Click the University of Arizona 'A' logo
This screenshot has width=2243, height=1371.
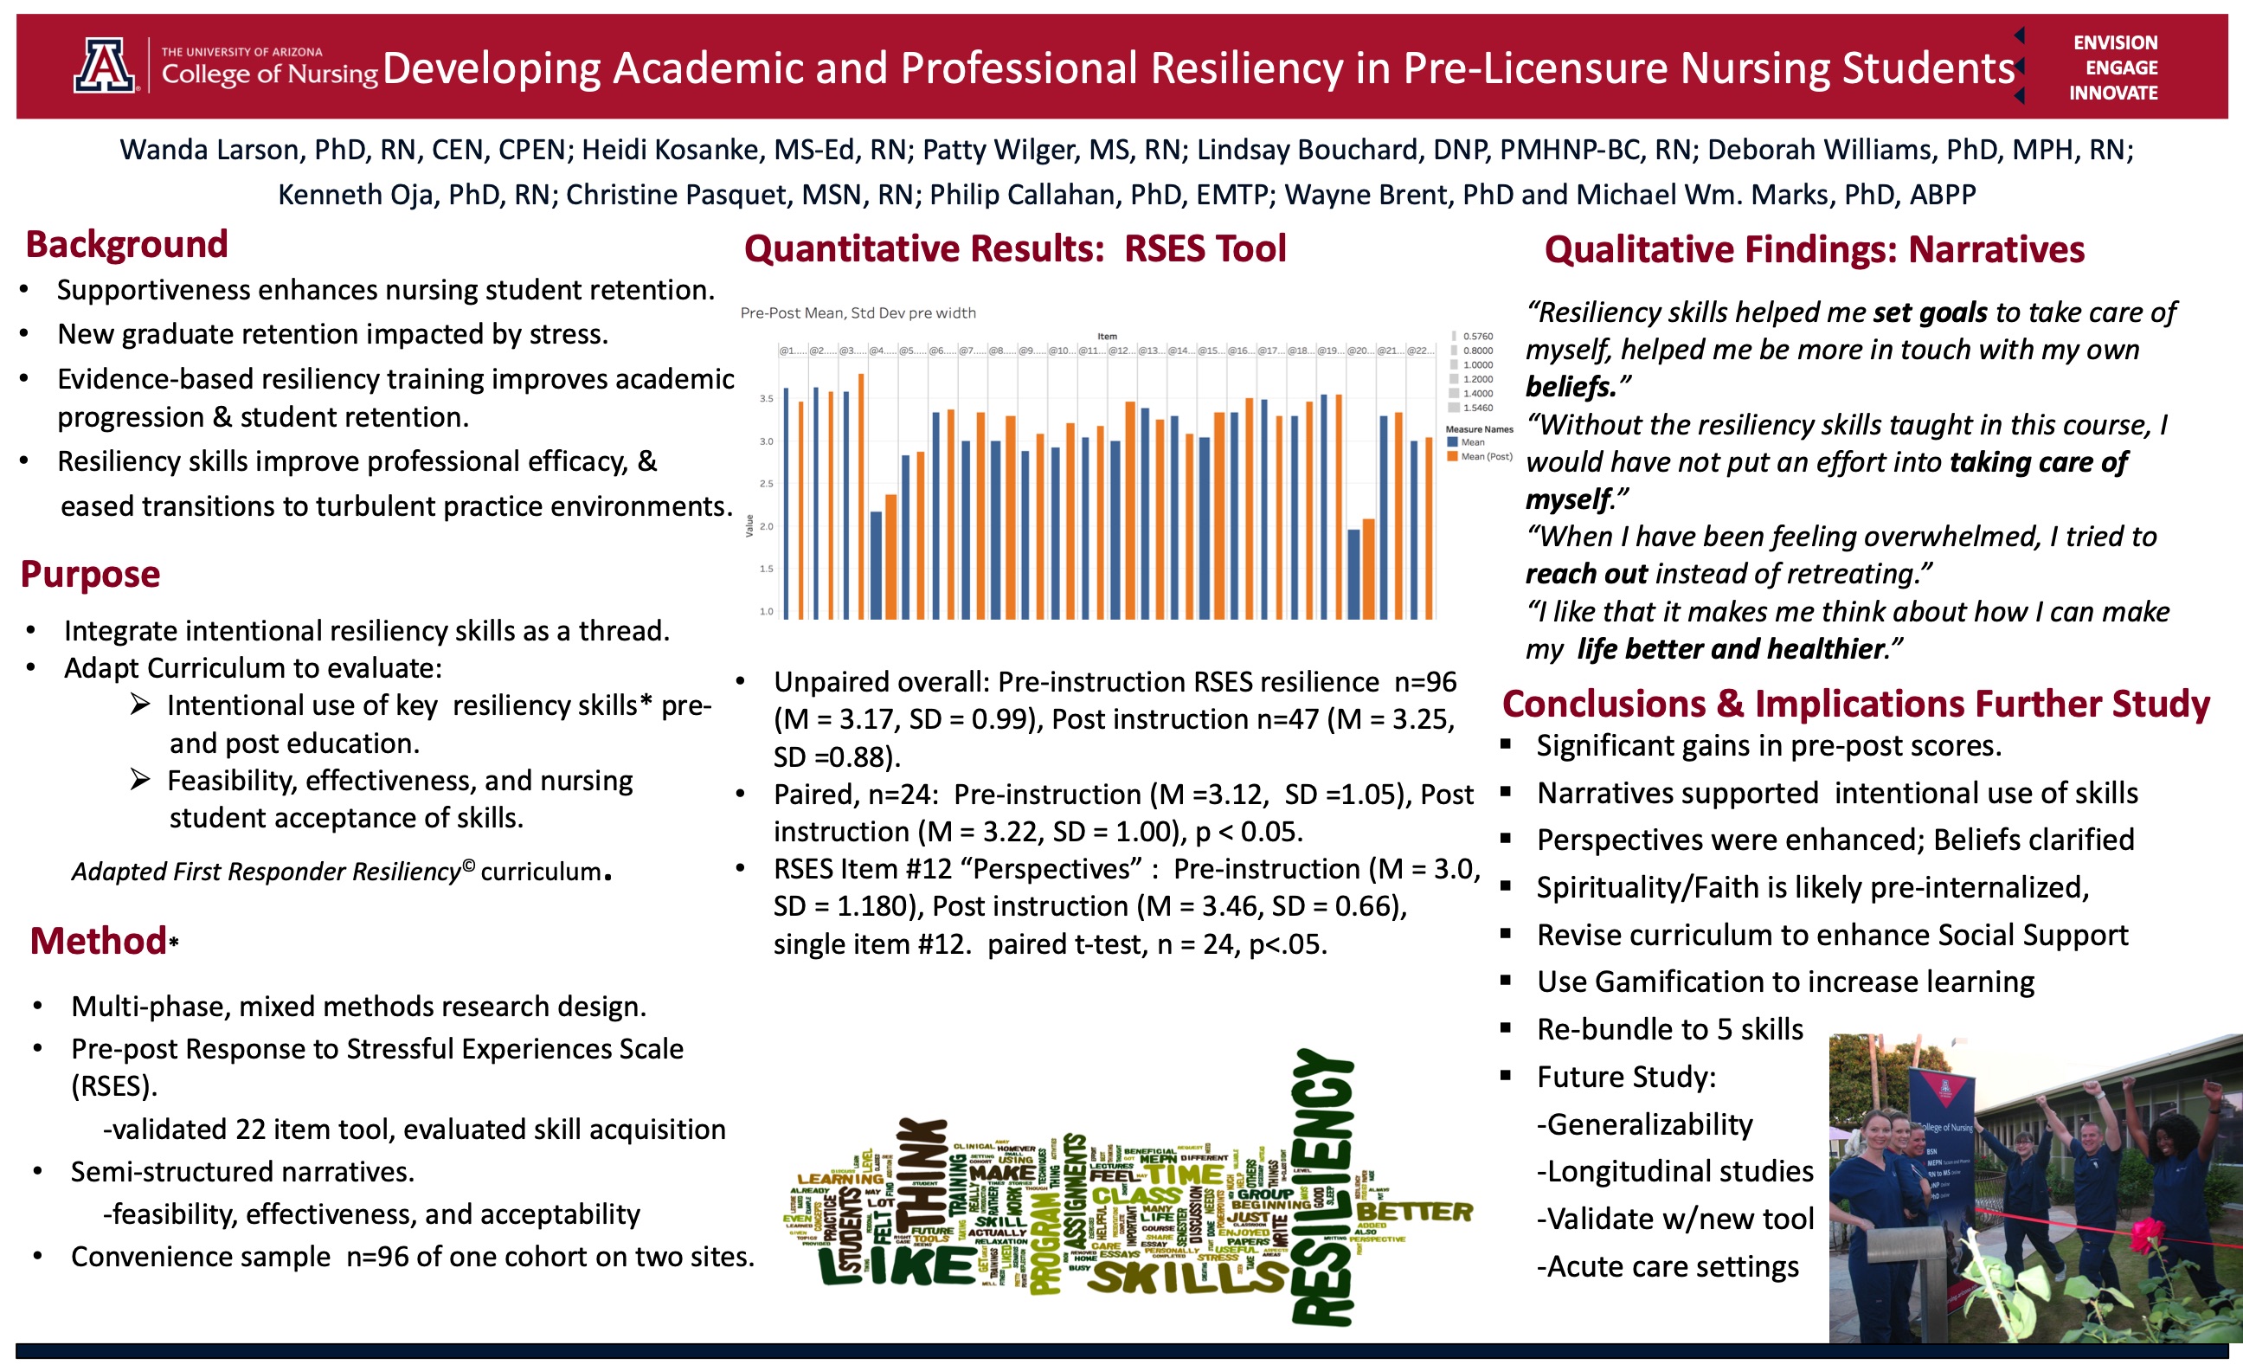[105, 66]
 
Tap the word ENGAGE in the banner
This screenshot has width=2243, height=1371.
[2121, 68]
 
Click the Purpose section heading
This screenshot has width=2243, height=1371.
[90, 575]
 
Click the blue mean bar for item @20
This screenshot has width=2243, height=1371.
[1353, 574]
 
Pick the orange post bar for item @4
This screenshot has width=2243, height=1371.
[891, 557]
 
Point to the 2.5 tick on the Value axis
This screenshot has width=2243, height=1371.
[767, 484]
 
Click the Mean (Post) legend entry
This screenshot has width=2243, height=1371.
[1485, 456]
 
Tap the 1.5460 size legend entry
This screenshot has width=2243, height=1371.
[1476, 408]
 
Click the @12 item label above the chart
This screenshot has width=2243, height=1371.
[1121, 351]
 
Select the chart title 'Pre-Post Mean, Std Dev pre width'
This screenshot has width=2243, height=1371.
[858, 313]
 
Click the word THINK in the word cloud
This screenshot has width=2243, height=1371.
[922, 1175]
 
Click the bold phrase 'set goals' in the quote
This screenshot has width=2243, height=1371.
[1930, 312]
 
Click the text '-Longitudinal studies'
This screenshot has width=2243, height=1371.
[1675, 1171]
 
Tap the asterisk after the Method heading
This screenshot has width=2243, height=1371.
[173, 943]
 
